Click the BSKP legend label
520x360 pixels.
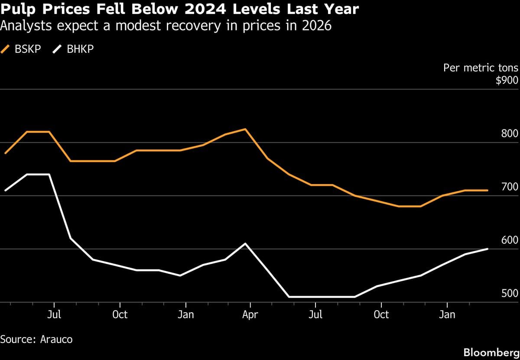pos(28,49)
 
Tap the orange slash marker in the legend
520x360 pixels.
pos(6,49)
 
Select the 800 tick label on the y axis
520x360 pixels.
pos(510,134)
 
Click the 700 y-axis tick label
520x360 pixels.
pos(510,187)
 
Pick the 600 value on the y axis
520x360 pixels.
pos(510,240)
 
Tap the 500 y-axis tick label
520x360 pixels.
pos(510,294)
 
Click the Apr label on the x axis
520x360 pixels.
pos(250,315)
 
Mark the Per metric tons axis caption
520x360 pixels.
pos(481,68)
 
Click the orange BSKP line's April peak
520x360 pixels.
pos(246,129)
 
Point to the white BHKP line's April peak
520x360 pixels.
pos(246,243)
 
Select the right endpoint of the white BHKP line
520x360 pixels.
pos(488,249)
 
